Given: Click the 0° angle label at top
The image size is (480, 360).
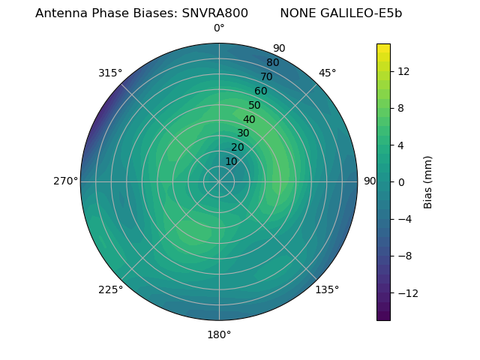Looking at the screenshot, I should pyautogui.click(x=219, y=28).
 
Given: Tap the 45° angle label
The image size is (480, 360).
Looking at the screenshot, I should pyautogui.click(x=327, y=73).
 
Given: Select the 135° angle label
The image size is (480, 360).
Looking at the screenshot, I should pyautogui.click(x=327, y=289).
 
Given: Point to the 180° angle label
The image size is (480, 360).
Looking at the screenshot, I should pyautogui.click(x=219, y=334).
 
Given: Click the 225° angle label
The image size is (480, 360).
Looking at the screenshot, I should pyautogui.click(x=110, y=289).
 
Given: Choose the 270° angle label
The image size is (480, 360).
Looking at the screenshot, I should pyautogui.click(x=65, y=181).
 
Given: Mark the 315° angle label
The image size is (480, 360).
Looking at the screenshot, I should pyautogui.click(x=110, y=73).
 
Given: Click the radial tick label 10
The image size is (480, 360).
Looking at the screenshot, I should pyautogui.click(x=231, y=161).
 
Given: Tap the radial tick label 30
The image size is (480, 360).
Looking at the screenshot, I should pyautogui.click(x=243, y=133).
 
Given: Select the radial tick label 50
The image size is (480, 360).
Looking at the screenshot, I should pyautogui.click(x=255, y=105).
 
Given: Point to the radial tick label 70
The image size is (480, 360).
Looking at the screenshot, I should pyautogui.click(x=266, y=76).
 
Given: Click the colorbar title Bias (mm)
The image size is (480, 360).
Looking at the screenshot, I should pyautogui.click(x=428, y=181).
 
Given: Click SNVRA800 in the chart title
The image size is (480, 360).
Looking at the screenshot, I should pyautogui.click(x=214, y=13).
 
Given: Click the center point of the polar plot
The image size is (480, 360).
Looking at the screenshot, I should pyautogui.click(x=219, y=181).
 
